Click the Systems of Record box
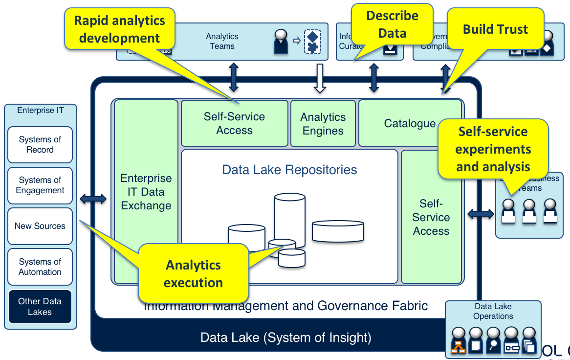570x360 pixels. point(40,145)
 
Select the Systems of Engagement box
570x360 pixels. point(40,185)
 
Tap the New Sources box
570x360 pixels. point(40,226)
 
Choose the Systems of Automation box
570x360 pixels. point(40,267)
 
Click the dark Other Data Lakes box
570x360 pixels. point(40,307)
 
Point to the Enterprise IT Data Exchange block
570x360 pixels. point(146,192)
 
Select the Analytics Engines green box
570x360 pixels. point(323,124)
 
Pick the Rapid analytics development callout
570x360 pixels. point(120,29)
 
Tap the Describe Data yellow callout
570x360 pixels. point(393,24)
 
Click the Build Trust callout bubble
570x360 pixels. point(495,29)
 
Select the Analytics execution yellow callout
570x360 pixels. point(193,273)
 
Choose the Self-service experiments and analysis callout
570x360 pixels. point(493,149)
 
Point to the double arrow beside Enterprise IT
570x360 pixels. point(93,199)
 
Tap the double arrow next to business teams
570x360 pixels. point(481,213)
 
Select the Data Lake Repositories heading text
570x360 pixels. point(289,170)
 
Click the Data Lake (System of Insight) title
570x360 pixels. point(285,337)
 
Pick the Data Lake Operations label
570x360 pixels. point(493,312)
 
